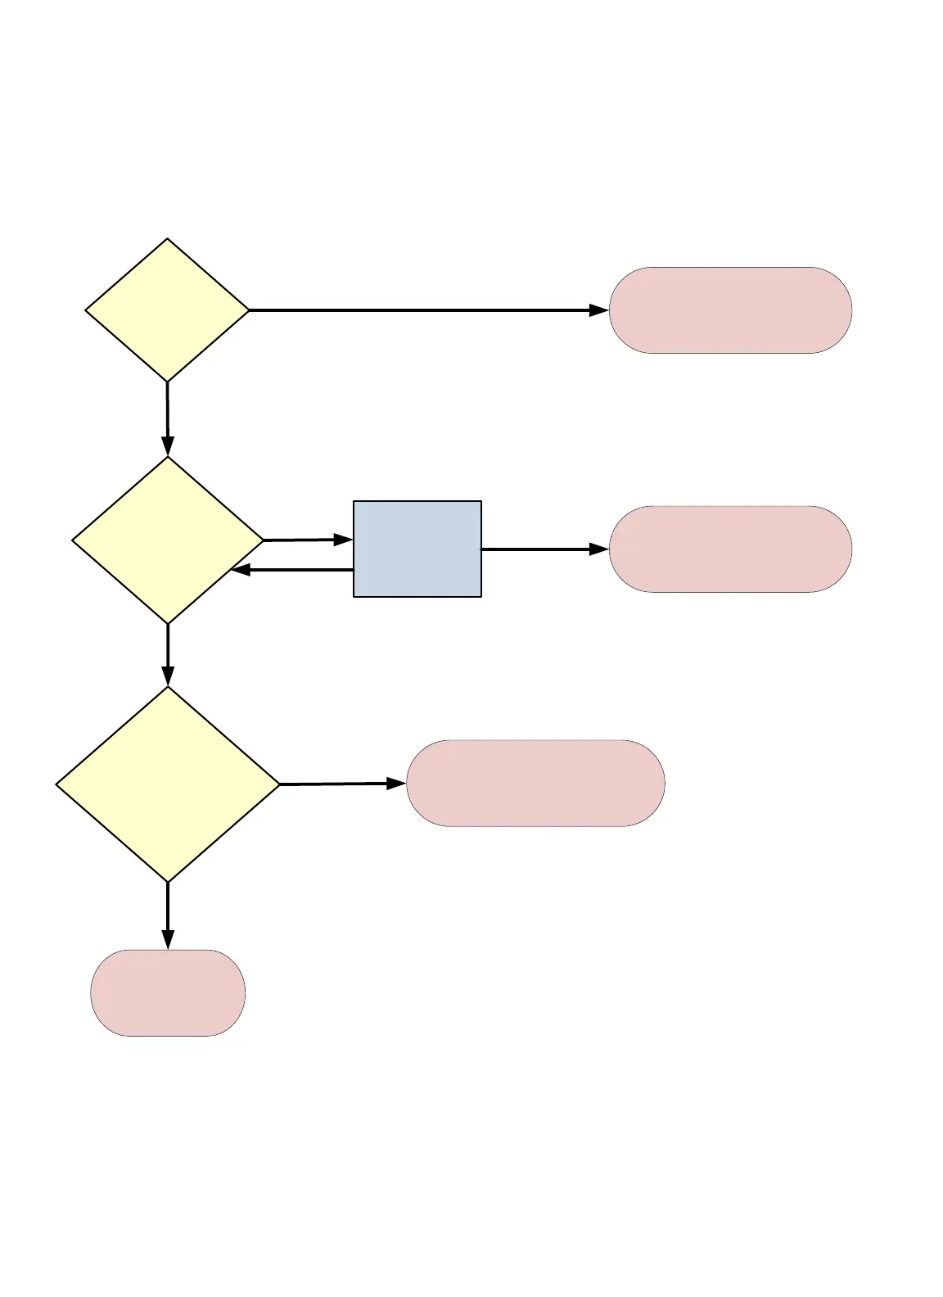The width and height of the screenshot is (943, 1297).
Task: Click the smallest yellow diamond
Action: coord(167,310)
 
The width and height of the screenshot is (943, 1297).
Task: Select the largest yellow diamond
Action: coord(168,784)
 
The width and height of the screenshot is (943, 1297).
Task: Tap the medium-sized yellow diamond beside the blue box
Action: coord(168,540)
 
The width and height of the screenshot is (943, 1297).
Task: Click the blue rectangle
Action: coord(417,549)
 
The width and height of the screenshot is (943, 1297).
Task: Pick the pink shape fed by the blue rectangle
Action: coord(730,549)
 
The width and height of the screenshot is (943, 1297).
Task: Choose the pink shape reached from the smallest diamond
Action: coord(730,310)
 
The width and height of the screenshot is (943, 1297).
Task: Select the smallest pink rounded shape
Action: coord(168,992)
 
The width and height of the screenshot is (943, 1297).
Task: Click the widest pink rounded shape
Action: coord(535,784)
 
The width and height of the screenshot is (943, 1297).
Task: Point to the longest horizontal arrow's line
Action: coord(417,310)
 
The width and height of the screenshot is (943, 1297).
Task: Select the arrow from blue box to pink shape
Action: coord(540,549)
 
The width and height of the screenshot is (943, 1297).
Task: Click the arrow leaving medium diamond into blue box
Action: coord(303,540)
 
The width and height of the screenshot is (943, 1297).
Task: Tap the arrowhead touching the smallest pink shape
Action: coord(168,940)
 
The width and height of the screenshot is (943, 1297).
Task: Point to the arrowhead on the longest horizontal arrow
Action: coord(599,310)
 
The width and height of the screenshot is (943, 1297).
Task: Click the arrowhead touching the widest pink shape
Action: coord(397,784)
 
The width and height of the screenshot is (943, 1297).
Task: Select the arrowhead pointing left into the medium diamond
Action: coord(241,570)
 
